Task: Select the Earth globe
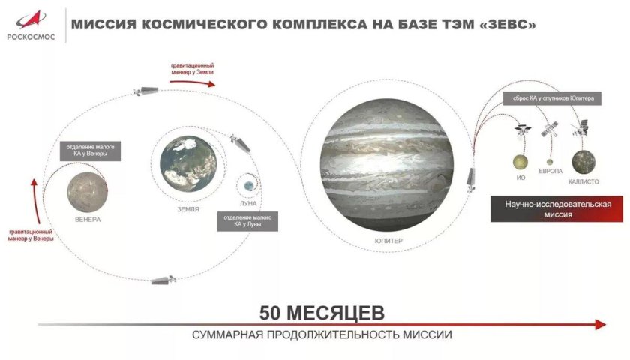[x=187, y=163]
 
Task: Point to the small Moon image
[x=249, y=184]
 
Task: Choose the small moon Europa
[x=550, y=161]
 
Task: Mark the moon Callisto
[x=583, y=161]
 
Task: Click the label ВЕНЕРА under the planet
[x=88, y=220]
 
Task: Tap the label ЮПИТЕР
[x=389, y=241]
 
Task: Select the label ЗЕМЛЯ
[x=187, y=210]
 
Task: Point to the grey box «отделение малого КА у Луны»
[x=247, y=221]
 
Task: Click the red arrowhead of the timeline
[x=599, y=324]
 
